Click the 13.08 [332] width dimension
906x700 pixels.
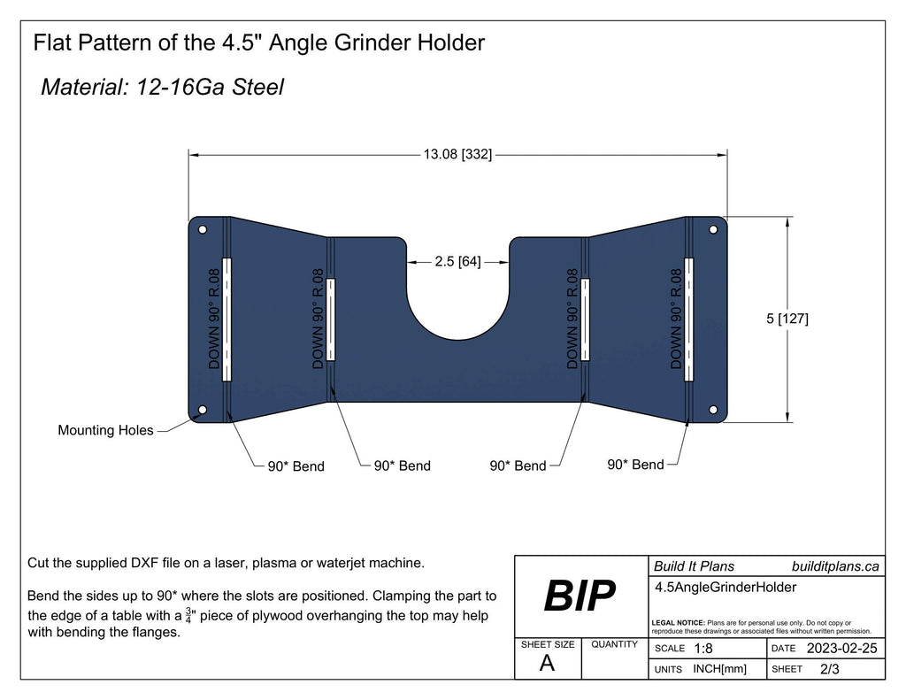pos(457,155)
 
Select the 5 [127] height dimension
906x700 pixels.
pos(787,319)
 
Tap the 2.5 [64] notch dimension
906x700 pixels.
pos(457,262)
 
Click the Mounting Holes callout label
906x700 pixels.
pos(105,431)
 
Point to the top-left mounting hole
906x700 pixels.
pos(203,229)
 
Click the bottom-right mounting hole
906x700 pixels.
pos(713,412)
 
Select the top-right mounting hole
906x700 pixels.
pos(713,229)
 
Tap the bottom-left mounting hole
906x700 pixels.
pos(203,411)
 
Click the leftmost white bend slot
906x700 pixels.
pos(226,319)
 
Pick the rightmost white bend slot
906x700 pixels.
pos(689,319)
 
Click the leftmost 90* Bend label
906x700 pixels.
pos(296,466)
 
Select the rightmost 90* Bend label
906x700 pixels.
pos(635,465)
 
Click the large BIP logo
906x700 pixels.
pos(579,597)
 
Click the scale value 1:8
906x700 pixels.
pos(704,649)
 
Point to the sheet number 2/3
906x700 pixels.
pos(829,669)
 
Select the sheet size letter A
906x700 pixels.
pos(547,665)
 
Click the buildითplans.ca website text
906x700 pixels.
pos(835,566)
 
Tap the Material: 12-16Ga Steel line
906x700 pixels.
pos(162,87)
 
